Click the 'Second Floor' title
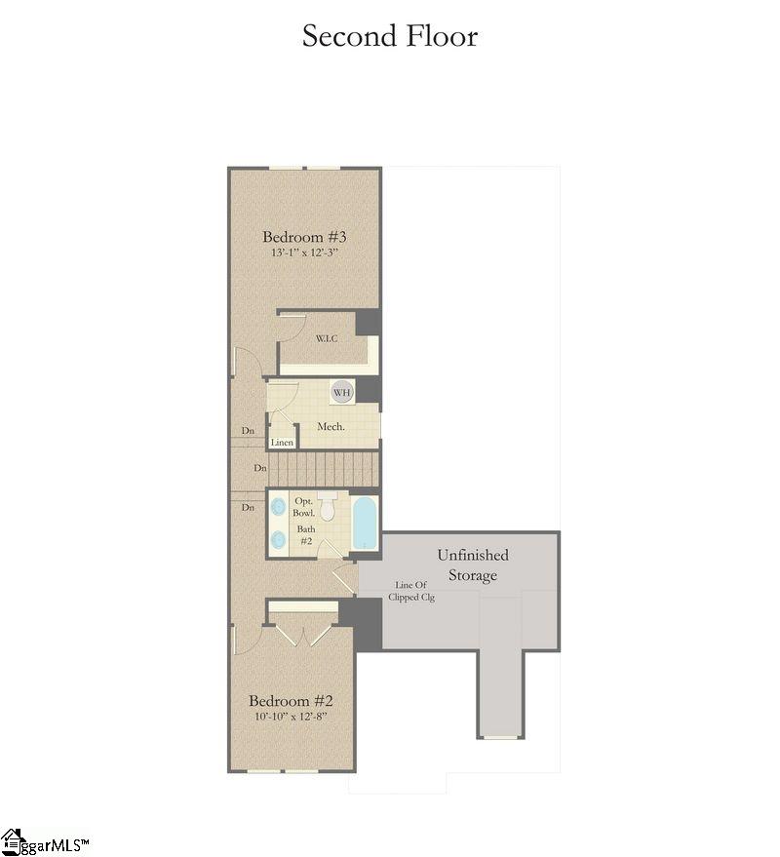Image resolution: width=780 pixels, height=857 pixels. (x=390, y=36)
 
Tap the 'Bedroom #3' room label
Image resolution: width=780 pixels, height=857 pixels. (x=305, y=236)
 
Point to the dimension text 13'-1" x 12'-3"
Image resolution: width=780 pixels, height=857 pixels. (x=305, y=253)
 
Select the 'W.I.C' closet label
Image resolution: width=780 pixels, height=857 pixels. (x=326, y=339)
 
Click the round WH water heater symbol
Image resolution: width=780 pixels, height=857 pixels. (x=341, y=392)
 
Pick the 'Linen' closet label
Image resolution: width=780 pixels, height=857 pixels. (x=282, y=443)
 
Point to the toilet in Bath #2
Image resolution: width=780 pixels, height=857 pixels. (x=328, y=507)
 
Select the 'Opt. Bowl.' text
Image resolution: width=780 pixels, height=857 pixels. (x=304, y=506)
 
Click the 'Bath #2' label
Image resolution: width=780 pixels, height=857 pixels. (x=306, y=535)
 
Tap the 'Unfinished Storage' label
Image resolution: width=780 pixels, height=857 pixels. (x=473, y=565)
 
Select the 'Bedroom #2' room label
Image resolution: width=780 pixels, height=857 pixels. (x=292, y=701)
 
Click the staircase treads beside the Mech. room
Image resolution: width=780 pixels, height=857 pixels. (x=322, y=468)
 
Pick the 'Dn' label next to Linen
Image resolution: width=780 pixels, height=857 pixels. (x=250, y=431)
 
